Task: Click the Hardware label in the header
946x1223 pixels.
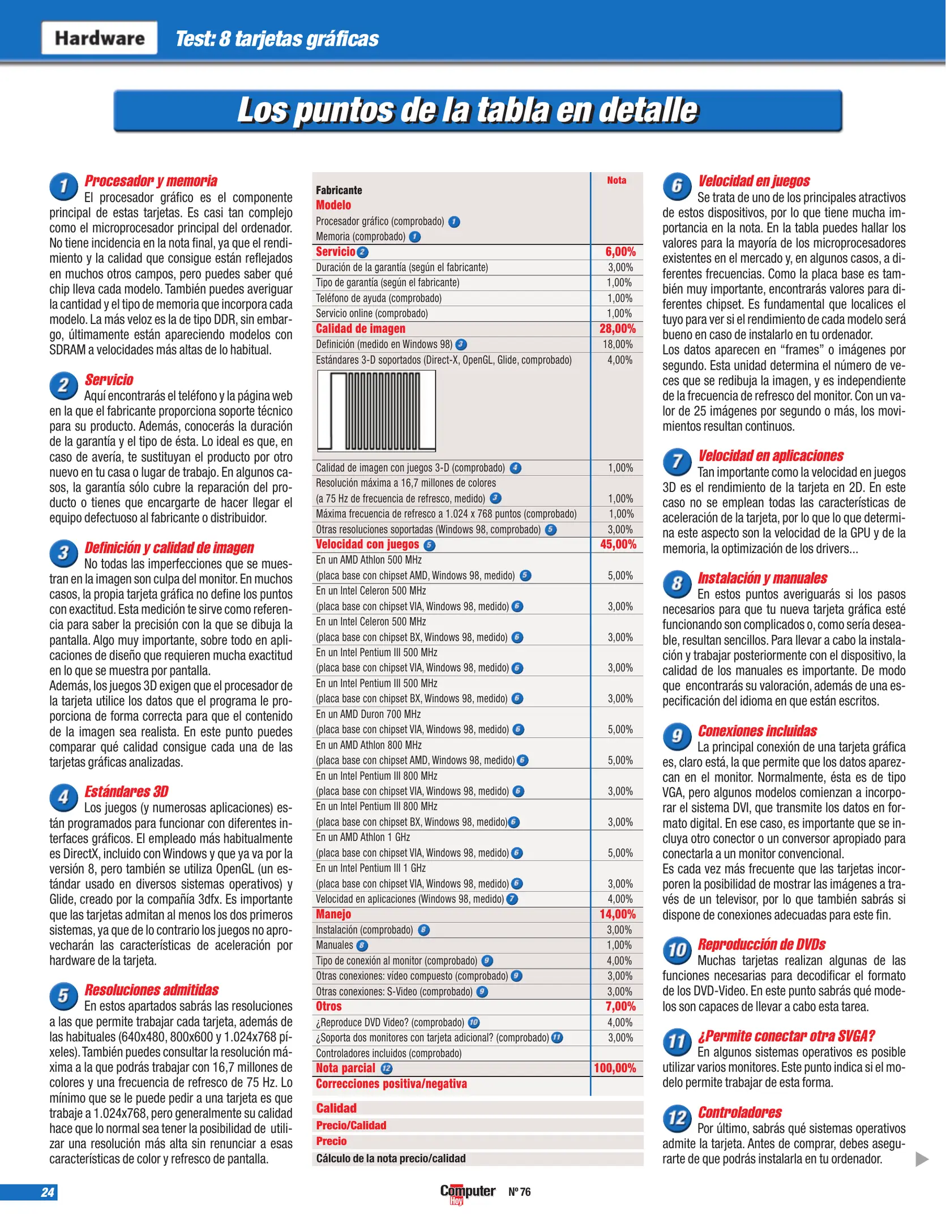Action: coord(99,38)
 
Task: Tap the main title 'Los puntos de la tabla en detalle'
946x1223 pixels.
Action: coord(468,110)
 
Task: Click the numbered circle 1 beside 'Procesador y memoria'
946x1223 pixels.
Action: coord(63,186)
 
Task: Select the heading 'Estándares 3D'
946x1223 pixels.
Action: coord(126,791)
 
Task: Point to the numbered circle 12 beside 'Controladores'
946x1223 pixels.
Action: coord(677,1117)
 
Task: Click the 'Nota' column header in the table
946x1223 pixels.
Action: coord(617,181)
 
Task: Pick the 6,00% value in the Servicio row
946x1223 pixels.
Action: coord(620,252)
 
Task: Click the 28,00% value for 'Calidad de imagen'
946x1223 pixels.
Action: coord(618,328)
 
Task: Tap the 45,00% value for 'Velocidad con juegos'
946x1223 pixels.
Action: coord(618,544)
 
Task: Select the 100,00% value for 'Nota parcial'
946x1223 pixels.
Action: coord(615,1068)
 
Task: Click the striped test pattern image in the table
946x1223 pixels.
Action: coord(376,410)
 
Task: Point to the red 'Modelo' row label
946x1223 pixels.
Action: coord(333,205)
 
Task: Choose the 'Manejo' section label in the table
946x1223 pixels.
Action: coord(333,914)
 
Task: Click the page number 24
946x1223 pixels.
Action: coord(48,1192)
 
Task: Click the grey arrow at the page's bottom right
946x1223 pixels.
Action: coord(922,1159)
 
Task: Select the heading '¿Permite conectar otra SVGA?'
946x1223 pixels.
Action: coord(786,1036)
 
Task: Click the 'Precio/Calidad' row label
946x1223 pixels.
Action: coord(351,1125)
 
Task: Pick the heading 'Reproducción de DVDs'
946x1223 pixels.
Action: coord(761,944)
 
